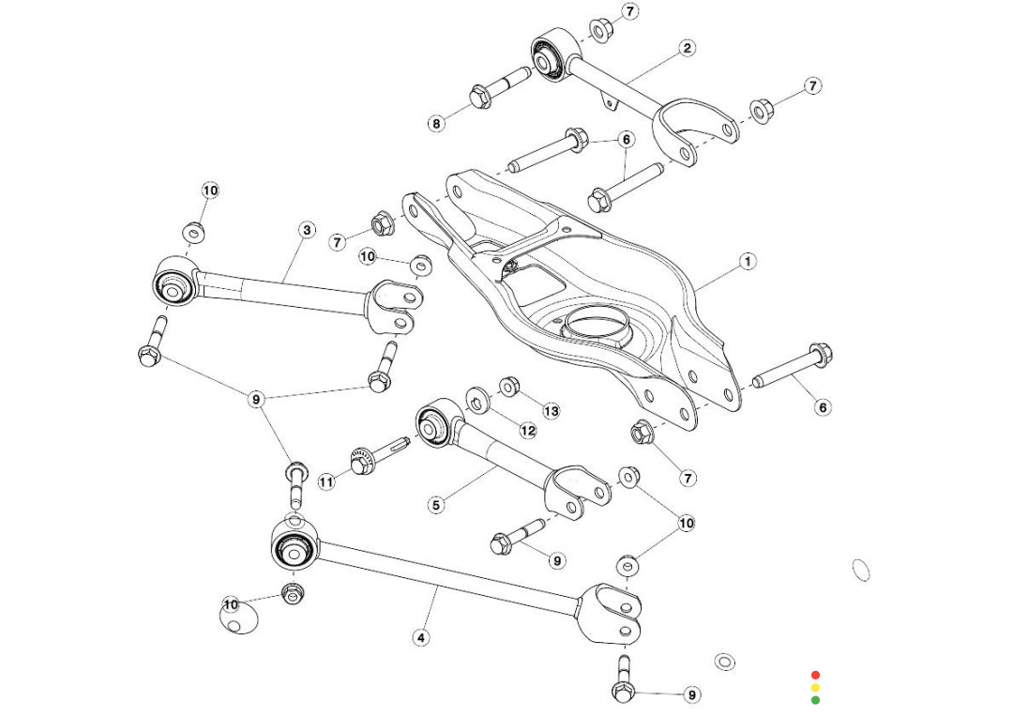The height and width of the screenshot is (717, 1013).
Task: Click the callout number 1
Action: pos(748,261)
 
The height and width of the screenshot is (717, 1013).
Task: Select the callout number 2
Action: pos(688,48)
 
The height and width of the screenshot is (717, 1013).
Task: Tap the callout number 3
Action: pos(307,229)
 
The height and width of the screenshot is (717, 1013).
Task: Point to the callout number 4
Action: pos(421,637)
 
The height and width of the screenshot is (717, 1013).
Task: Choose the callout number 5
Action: pos(436,505)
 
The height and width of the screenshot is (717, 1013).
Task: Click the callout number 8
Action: pos(436,122)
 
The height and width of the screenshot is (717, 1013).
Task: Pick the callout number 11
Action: pos(325,482)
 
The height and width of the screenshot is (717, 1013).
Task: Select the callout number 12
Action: pos(528,430)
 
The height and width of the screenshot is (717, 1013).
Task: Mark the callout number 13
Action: pos(551,410)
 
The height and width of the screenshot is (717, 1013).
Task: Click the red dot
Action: pos(815,675)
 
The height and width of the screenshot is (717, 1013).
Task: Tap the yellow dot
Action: pos(815,687)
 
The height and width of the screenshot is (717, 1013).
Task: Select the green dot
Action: pos(815,699)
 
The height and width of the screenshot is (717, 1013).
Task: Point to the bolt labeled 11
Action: pos(372,459)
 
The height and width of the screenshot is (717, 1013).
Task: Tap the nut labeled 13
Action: pos(509,386)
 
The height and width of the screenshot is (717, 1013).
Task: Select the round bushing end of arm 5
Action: pos(434,423)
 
